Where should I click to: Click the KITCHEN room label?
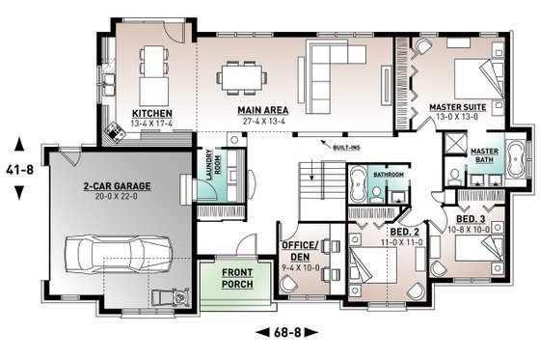pyautogui.click(x=150, y=113)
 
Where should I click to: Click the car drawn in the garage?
pyautogui.click(x=121, y=257)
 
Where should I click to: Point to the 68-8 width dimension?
pyautogui.click(x=279, y=333)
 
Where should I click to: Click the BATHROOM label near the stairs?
pyautogui.click(x=389, y=175)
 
